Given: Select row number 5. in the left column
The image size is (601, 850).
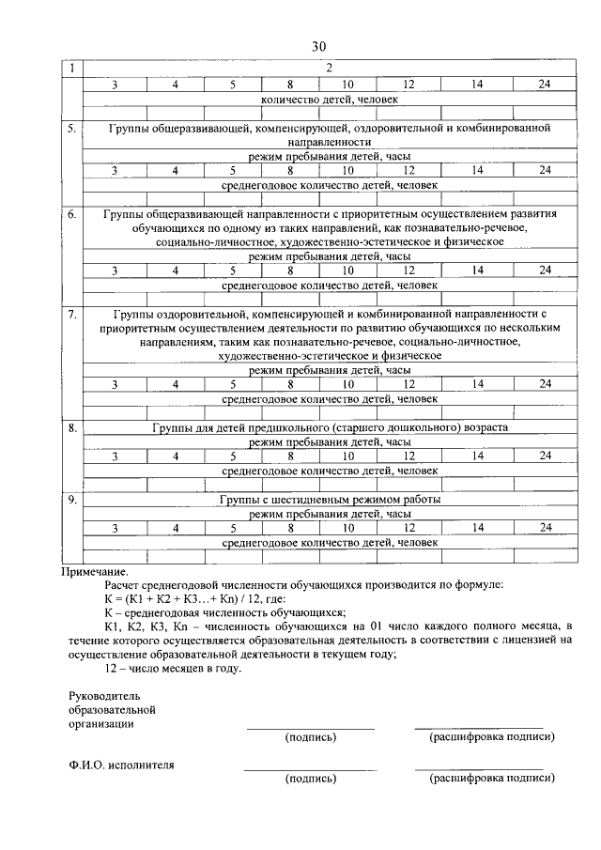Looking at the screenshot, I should tap(72, 127).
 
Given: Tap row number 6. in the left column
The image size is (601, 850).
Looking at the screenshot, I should tap(72, 214).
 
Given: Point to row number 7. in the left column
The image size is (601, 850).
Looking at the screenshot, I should tap(72, 314).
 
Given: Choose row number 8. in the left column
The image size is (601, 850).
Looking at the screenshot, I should tap(72, 427).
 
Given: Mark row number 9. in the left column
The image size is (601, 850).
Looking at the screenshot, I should tap(72, 500).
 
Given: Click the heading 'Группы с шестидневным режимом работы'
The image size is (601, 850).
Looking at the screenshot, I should tap(330, 500).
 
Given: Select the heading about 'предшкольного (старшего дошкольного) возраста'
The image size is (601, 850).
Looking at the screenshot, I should tap(330, 427).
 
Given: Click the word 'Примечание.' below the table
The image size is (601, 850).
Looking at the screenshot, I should tap(94, 571).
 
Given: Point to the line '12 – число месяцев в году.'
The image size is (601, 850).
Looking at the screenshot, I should tap(174, 669).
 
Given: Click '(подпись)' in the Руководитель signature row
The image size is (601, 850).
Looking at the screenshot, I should tap(310, 737).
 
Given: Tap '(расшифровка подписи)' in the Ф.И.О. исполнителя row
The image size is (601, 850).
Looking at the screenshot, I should tap(491, 778).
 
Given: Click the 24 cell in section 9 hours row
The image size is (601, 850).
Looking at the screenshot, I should tap(545, 528).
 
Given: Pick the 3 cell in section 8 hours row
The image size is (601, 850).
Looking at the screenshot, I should tap(115, 456).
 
